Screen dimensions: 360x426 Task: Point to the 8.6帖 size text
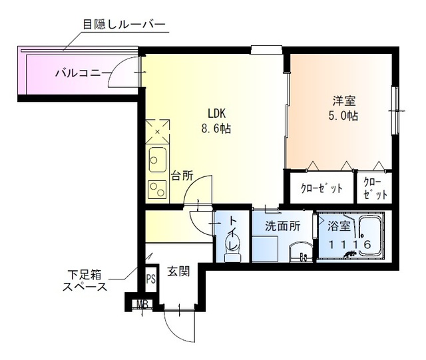click(x=216, y=128)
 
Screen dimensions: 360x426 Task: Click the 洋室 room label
click(x=344, y=102)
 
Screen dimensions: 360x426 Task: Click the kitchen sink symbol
click(x=158, y=159)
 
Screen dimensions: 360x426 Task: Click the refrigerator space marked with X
click(x=158, y=131)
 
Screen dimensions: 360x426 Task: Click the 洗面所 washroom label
click(x=280, y=226)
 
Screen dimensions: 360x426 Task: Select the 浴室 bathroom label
click(x=339, y=226)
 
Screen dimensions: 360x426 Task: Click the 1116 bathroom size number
click(x=349, y=244)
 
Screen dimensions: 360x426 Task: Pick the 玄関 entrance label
click(x=178, y=271)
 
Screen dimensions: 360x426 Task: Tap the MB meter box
click(x=142, y=305)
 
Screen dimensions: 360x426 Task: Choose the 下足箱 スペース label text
click(x=85, y=280)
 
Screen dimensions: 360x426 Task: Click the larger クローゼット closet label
click(x=321, y=188)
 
